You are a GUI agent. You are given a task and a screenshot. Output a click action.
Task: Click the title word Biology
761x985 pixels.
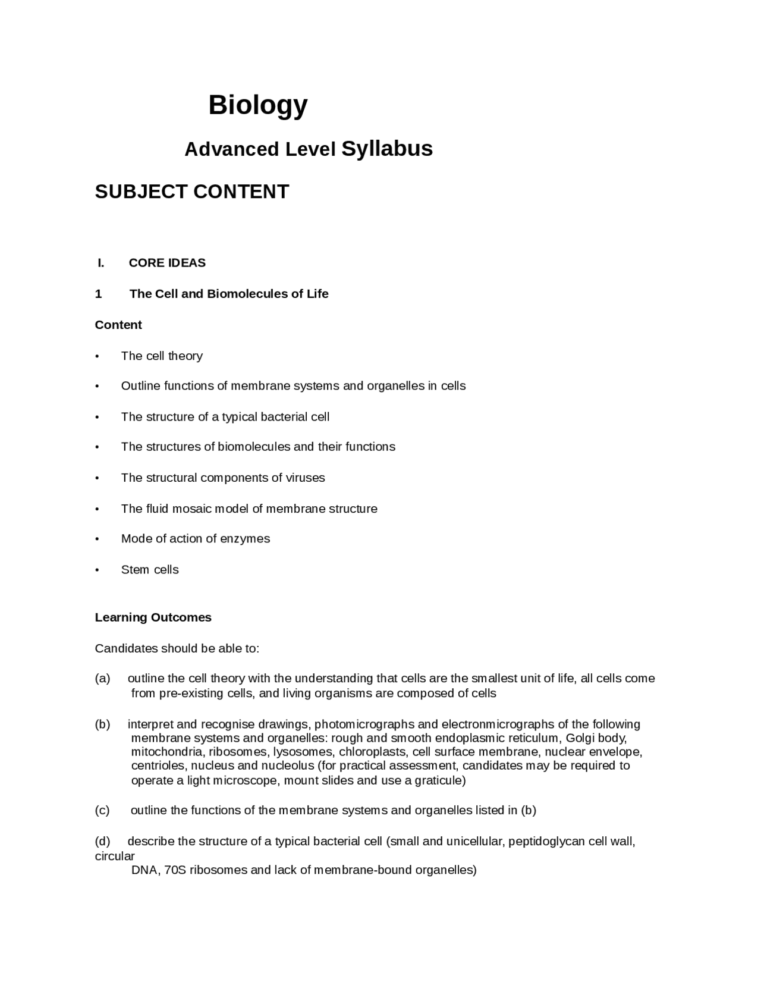click(x=257, y=106)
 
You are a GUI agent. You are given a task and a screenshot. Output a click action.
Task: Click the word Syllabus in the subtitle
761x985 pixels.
click(x=386, y=149)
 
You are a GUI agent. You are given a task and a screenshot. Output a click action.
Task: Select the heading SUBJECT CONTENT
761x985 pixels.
click(x=191, y=192)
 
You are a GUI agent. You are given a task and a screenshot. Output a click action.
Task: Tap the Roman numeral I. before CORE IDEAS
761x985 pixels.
click(x=101, y=263)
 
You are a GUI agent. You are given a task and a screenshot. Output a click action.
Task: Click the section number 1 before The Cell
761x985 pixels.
click(x=98, y=294)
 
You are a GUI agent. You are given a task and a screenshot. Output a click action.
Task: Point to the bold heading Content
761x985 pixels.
click(x=118, y=325)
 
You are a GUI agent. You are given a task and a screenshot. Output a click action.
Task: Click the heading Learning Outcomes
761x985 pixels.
click(x=153, y=617)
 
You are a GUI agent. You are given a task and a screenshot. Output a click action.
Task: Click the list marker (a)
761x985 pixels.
click(x=102, y=679)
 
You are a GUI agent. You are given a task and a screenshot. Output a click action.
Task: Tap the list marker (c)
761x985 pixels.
click(x=102, y=811)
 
